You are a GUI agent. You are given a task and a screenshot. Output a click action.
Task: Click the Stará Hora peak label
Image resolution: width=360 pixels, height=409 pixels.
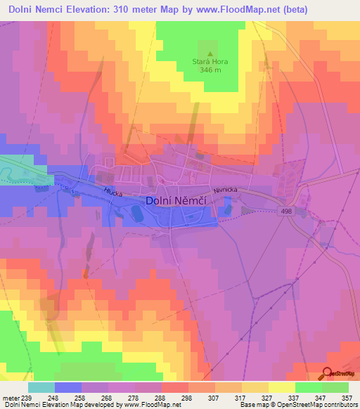coord(210,62)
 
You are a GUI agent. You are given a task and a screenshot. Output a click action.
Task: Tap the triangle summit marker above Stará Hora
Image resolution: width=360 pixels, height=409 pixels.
coord(210,53)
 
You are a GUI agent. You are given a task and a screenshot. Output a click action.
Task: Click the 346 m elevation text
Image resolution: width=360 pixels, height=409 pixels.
coord(210,70)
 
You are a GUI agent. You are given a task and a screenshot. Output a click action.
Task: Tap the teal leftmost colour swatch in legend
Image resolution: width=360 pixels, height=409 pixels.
coord(41,387)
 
